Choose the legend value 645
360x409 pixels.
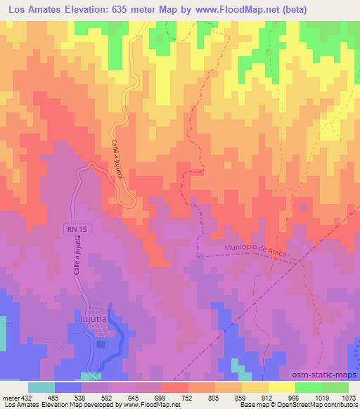pyautogui.click(x=127, y=398)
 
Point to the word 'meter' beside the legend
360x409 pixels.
pyautogui.click(x=9, y=398)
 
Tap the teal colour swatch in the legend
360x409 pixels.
pyautogui.click(x=42, y=387)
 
